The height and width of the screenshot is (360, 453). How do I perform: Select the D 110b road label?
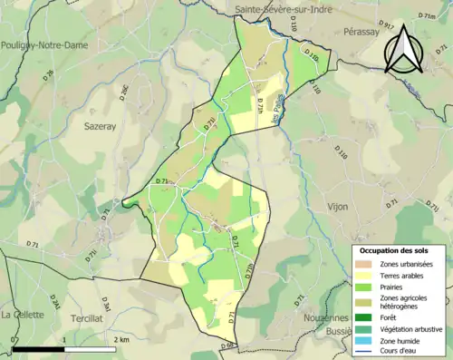(x=312, y=55)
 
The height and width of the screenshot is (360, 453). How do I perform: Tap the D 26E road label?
(x=125, y=91)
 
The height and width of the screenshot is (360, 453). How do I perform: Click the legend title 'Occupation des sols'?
(x=397, y=249)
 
